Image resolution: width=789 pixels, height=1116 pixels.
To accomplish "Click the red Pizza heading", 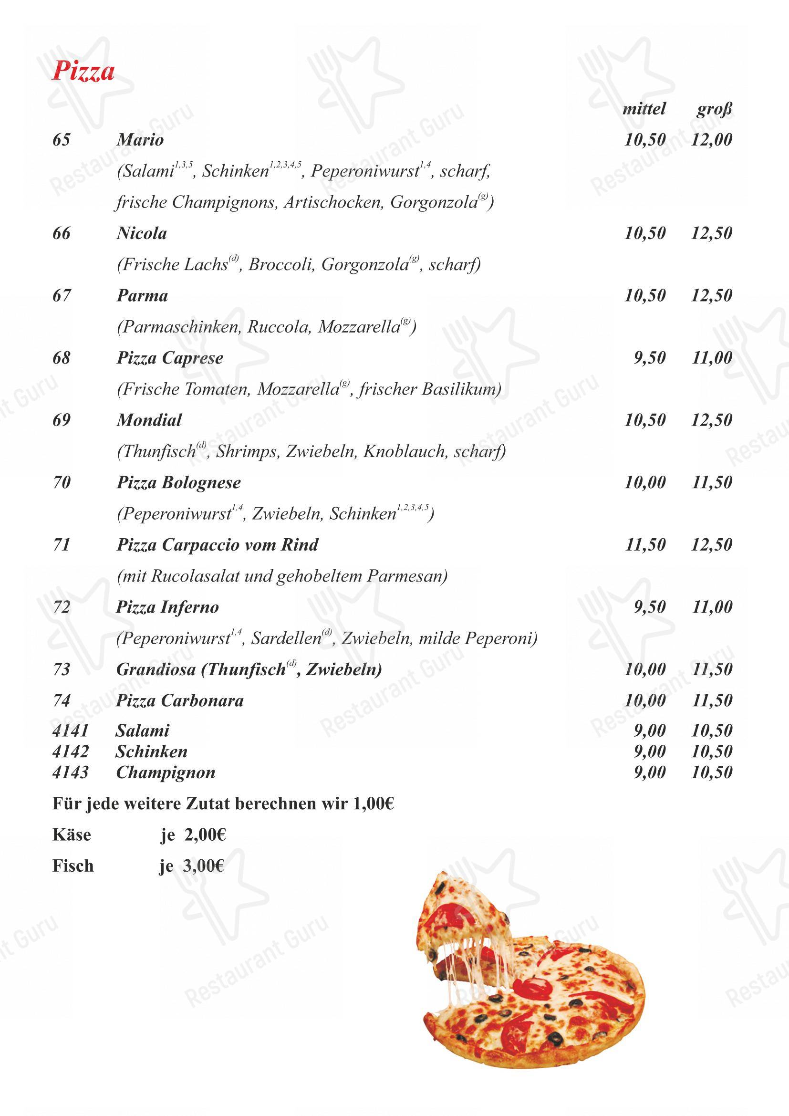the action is [83, 71].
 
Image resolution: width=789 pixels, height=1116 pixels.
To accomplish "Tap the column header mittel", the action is [644, 108].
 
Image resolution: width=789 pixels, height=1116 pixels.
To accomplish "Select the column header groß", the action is [713, 109].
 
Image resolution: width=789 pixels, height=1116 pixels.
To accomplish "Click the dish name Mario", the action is [140, 140].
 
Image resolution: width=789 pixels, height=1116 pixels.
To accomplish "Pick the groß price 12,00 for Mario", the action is [711, 140].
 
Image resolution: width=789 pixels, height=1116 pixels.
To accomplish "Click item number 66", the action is [61, 233].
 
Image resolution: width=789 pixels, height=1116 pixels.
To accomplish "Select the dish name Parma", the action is [142, 295].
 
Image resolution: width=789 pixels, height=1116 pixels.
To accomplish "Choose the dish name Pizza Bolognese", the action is [178, 483].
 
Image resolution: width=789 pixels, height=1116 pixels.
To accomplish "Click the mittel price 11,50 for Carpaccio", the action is [645, 545].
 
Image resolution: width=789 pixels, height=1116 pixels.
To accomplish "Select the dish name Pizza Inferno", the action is [167, 607].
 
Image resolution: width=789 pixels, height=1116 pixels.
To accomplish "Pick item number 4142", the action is [71, 751].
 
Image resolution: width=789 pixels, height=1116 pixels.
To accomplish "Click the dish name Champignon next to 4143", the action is [165, 772].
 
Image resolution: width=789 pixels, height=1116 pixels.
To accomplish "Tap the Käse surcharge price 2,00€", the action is [205, 835].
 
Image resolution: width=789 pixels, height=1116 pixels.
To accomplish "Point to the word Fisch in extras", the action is [73, 866].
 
